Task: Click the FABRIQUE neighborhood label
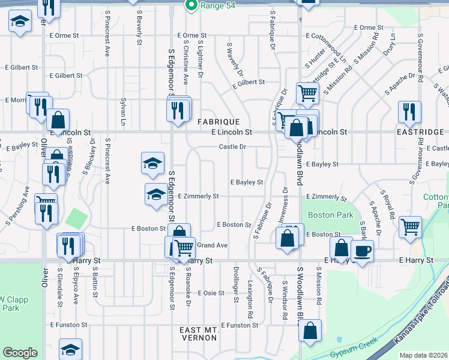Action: tap(218, 121)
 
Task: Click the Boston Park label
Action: tap(322, 215)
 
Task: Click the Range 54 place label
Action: tap(215, 5)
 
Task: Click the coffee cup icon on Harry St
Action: tap(362, 251)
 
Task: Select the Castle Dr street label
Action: tap(232, 146)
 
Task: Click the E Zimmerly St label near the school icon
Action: tap(198, 196)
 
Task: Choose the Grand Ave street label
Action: tap(212, 245)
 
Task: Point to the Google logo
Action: tap(20, 353)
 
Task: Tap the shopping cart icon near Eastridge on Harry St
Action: tap(410, 227)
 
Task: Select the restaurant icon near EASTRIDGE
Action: tap(409, 112)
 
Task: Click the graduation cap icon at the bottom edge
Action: tap(70, 350)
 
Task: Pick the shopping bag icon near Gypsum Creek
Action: tap(310, 330)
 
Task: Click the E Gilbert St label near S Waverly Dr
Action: tap(250, 82)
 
